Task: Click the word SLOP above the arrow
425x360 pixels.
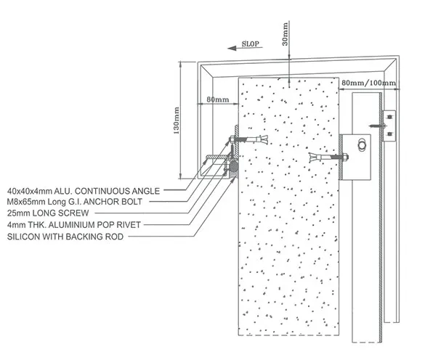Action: (x=251, y=44)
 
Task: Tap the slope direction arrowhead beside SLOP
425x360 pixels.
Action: (x=232, y=48)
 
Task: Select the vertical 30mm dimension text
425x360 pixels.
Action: (x=285, y=34)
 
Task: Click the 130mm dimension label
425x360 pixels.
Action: (x=177, y=120)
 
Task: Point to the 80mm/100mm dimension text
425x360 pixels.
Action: (x=368, y=83)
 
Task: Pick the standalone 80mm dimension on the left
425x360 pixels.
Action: (x=218, y=99)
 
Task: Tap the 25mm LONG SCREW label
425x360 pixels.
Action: (x=48, y=213)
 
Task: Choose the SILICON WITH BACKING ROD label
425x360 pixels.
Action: (x=65, y=237)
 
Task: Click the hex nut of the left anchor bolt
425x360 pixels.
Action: (x=232, y=139)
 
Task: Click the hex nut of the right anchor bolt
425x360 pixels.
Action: (x=345, y=157)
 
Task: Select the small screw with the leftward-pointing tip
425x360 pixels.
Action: (x=377, y=126)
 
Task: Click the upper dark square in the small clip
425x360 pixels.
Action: (x=389, y=117)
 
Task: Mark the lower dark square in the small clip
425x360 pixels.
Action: (x=389, y=134)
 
